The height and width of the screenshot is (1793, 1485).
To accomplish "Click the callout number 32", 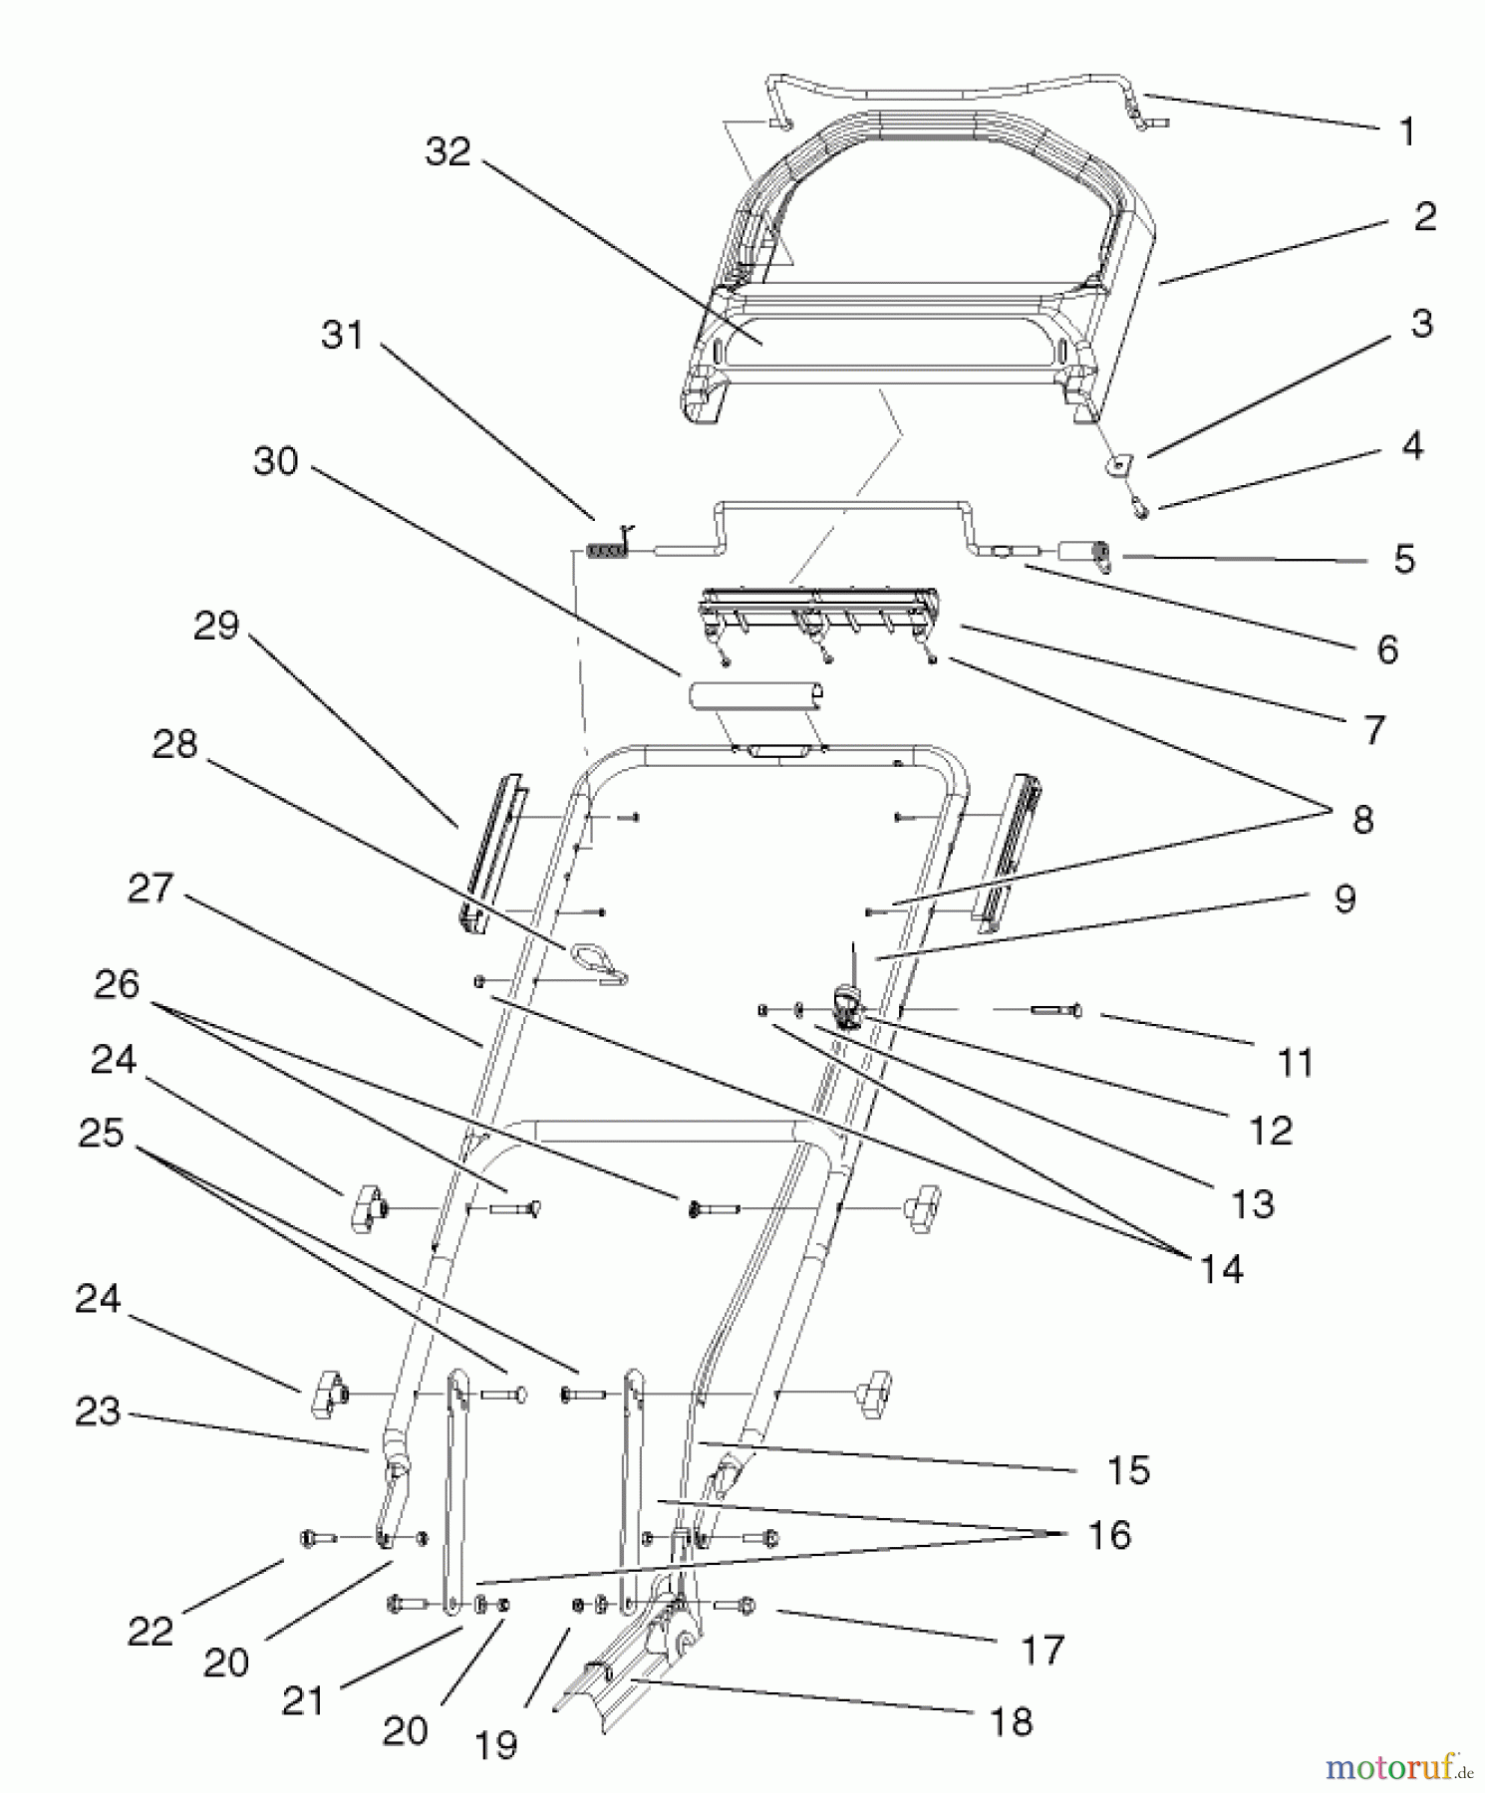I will click(x=447, y=152).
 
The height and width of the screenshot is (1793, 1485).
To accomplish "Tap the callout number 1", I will click(x=1406, y=131).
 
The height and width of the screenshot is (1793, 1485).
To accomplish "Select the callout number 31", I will click(x=342, y=335).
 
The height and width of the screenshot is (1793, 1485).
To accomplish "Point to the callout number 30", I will click(x=276, y=461).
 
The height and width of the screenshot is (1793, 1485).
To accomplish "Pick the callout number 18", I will click(x=1011, y=1721).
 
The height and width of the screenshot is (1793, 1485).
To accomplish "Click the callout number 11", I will click(x=1295, y=1064).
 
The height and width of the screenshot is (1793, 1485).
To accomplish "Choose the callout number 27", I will click(x=150, y=889).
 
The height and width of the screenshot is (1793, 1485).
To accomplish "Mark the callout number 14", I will click(x=1221, y=1269).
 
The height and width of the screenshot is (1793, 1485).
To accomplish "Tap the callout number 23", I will click(x=98, y=1411).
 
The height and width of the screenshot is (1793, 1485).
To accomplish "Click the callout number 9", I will click(x=1344, y=898).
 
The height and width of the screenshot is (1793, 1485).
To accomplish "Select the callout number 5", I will click(x=1403, y=560).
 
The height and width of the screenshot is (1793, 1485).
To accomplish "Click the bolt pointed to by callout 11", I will click(x=1056, y=1011).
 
